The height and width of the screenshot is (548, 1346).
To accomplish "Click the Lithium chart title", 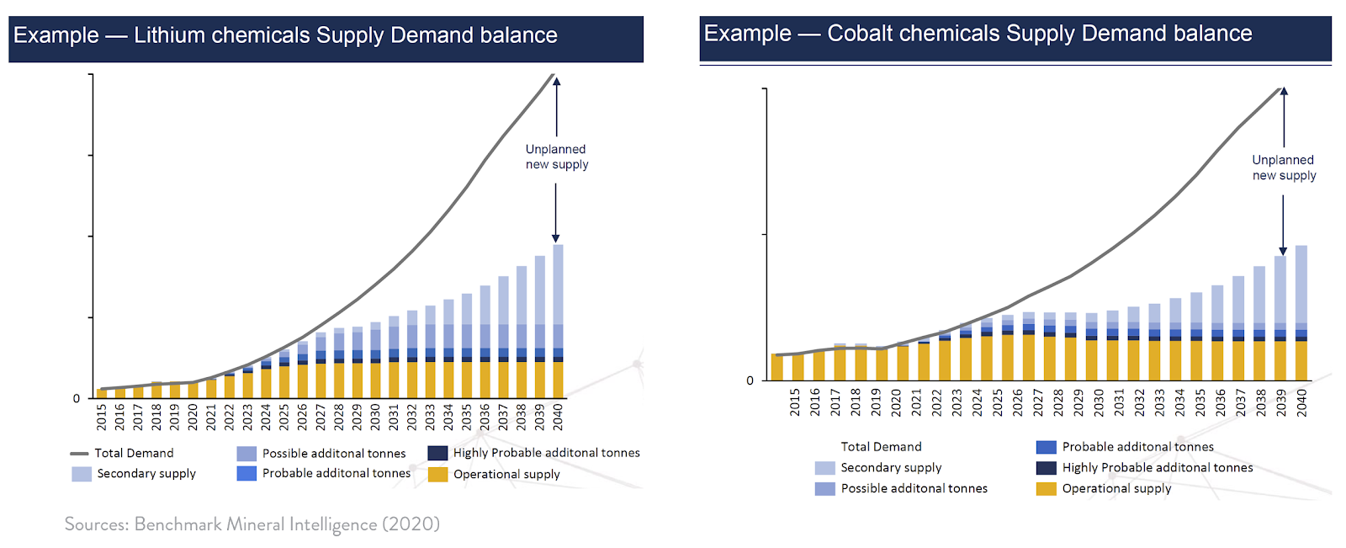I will pyautogui.click(x=285, y=35).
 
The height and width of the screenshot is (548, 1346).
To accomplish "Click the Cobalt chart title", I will pyautogui.click(x=978, y=34).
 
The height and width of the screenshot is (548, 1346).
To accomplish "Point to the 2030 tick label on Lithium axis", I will pyautogui.click(x=375, y=417).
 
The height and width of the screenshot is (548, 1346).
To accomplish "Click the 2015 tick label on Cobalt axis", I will pyautogui.click(x=795, y=402).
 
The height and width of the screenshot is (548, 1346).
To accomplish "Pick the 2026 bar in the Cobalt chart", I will pyautogui.click(x=1008, y=354).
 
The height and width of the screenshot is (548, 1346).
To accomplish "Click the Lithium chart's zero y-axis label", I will pyautogui.click(x=77, y=398).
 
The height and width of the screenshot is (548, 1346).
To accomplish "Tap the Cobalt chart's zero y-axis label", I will pyautogui.click(x=750, y=380).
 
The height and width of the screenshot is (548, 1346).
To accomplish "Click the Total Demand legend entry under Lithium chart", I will pyautogui.click(x=134, y=453).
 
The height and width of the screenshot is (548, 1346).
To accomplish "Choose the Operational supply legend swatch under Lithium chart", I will pyautogui.click(x=437, y=475).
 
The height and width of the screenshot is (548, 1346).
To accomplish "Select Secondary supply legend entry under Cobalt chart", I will pyautogui.click(x=891, y=468).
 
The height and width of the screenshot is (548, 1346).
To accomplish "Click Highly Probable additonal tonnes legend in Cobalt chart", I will pyautogui.click(x=1157, y=468).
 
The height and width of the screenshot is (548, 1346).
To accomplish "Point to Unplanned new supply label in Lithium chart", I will pyautogui.click(x=556, y=157).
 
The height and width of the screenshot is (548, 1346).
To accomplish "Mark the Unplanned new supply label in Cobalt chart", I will pyautogui.click(x=1284, y=168).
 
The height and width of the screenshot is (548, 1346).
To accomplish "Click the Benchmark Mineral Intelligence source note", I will pyautogui.click(x=252, y=524).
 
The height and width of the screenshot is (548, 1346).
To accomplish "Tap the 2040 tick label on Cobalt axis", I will pyautogui.click(x=1301, y=402).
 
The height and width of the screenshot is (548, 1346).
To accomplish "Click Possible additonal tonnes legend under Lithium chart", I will pyautogui.click(x=333, y=454).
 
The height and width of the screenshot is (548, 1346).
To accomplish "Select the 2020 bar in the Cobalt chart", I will pyautogui.click(x=903, y=362).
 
